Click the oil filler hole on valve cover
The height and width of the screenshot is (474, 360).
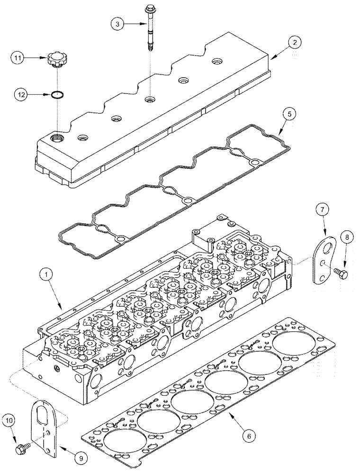[x=57, y=138]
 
